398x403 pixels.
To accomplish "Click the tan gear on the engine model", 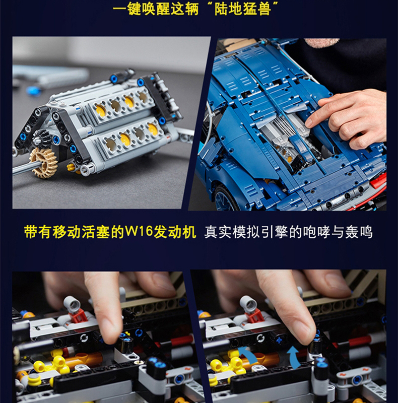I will point(43,162).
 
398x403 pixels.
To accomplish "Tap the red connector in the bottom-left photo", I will point(79,315).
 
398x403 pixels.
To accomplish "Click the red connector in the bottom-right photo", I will point(255,315).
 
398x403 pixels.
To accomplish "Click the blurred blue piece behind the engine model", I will point(33,91).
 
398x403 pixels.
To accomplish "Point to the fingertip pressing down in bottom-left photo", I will point(111,330).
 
